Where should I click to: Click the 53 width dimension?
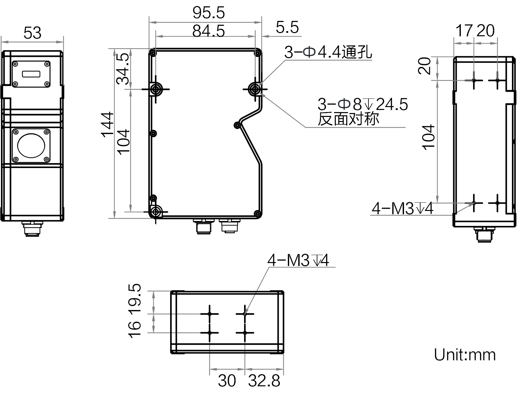[32, 33]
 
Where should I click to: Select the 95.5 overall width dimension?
[209, 13]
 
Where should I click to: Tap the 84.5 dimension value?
[209, 31]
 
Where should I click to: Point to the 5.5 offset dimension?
[287, 27]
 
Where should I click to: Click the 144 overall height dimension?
[108, 124]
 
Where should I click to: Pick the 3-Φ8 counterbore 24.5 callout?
[362, 104]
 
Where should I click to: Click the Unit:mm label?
[465, 354]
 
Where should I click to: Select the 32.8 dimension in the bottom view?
[264, 381]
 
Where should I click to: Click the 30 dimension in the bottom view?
[227, 381]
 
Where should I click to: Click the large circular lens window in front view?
[31, 146]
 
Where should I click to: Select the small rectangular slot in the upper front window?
[31, 74]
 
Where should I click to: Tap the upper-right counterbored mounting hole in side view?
[255, 89]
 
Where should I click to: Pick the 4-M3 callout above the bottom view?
[298, 261]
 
